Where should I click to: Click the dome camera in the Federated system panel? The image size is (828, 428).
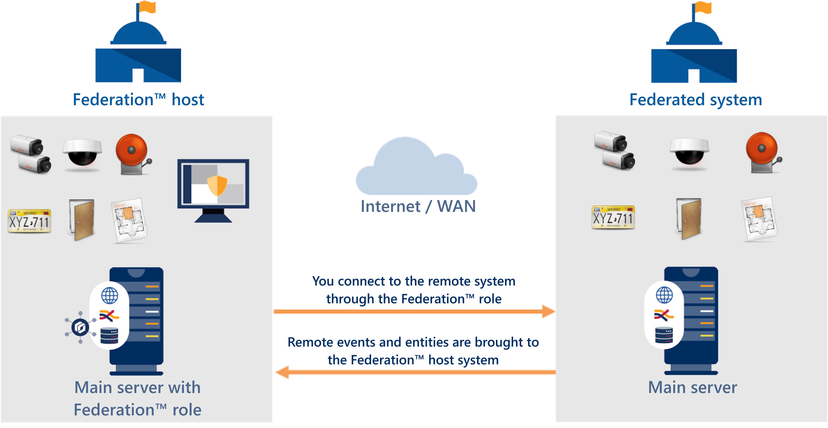coord(689,151)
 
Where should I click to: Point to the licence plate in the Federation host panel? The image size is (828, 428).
coord(29,221)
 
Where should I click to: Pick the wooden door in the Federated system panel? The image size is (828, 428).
coord(689,219)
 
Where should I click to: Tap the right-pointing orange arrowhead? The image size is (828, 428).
coord(548,311)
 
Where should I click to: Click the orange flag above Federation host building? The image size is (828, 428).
coord(148,7)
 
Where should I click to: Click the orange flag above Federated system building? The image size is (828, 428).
coord(703,7)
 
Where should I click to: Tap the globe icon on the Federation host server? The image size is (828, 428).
coord(110,296)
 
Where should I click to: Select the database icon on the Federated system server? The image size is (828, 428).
coord(664,335)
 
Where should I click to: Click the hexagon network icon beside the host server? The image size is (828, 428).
coord(80,327)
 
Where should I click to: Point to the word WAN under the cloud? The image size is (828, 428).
coord(456,206)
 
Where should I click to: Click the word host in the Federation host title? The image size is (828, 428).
coord(188,100)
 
